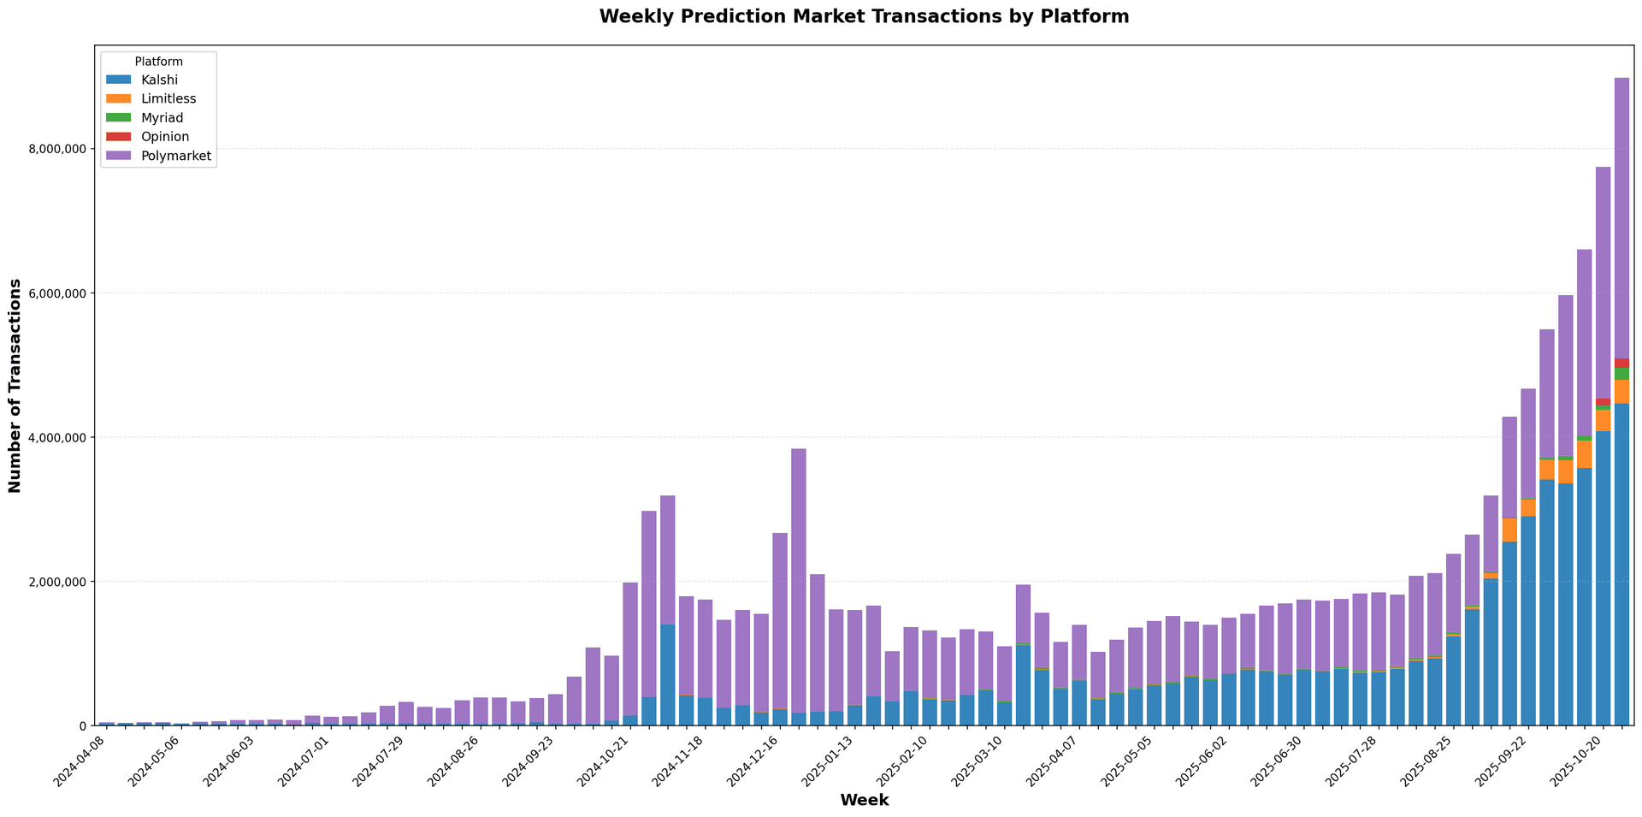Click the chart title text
pyautogui.click(x=864, y=16)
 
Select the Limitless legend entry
pyautogui.click(x=168, y=99)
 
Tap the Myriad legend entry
pyautogui.click(x=162, y=118)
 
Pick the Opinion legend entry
pyautogui.click(x=164, y=137)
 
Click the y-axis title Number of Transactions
pyautogui.click(x=15, y=384)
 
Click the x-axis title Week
pyautogui.click(x=864, y=801)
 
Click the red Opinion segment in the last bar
pyautogui.click(x=1621, y=364)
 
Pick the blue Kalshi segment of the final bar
pyautogui.click(x=1621, y=565)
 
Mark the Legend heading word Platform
pyautogui.click(x=158, y=62)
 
